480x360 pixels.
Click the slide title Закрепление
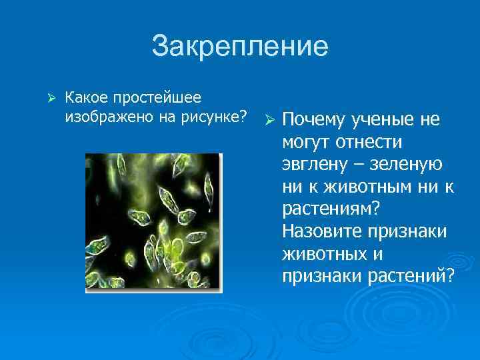point(240,47)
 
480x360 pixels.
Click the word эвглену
point(313,165)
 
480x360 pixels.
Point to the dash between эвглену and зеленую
point(357,165)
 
